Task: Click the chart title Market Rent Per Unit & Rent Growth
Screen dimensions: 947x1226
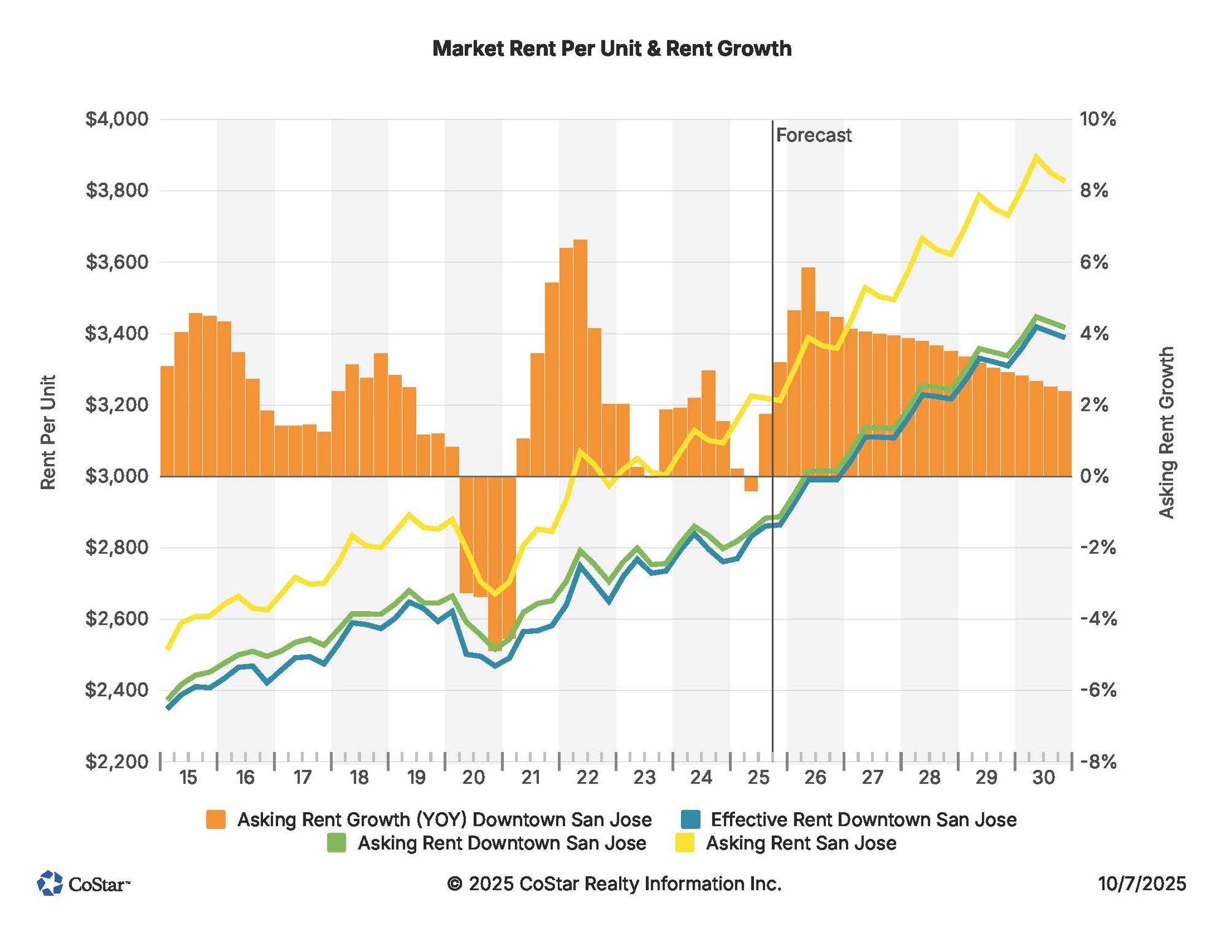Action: pyautogui.click(x=612, y=49)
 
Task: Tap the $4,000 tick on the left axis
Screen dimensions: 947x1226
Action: pyautogui.click(x=117, y=119)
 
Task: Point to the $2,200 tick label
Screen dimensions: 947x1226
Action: pyautogui.click(x=117, y=762)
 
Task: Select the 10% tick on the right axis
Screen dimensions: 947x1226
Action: pyautogui.click(x=1097, y=119)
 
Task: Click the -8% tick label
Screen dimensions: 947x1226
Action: pyautogui.click(x=1097, y=762)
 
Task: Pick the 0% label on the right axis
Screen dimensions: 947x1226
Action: pyautogui.click(x=1094, y=476)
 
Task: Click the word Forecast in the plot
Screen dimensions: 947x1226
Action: pyautogui.click(x=813, y=135)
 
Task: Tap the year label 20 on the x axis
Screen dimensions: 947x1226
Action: pyautogui.click(x=473, y=778)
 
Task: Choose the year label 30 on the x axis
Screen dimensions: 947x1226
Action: pyautogui.click(x=1043, y=778)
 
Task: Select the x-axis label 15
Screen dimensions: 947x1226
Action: pyautogui.click(x=188, y=778)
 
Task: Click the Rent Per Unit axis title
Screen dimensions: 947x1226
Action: pyautogui.click(x=48, y=433)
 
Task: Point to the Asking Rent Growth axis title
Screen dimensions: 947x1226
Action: pyautogui.click(x=1166, y=433)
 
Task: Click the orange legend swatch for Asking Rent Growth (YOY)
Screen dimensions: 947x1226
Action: pyautogui.click(x=216, y=820)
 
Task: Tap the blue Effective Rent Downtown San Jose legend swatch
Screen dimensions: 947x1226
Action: pyautogui.click(x=690, y=820)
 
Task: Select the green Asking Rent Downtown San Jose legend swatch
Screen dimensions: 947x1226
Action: pyautogui.click(x=336, y=843)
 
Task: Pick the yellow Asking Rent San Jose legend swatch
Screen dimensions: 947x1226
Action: pyautogui.click(x=685, y=843)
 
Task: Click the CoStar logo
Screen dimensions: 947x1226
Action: pyautogui.click(x=83, y=883)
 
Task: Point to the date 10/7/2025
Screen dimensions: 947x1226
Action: pyautogui.click(x=1141, y=883)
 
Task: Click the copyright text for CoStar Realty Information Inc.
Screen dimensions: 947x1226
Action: pyautogui.click(x=614, y=883)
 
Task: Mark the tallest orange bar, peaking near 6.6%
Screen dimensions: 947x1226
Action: pyautogui.click(x=580, y=358)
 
